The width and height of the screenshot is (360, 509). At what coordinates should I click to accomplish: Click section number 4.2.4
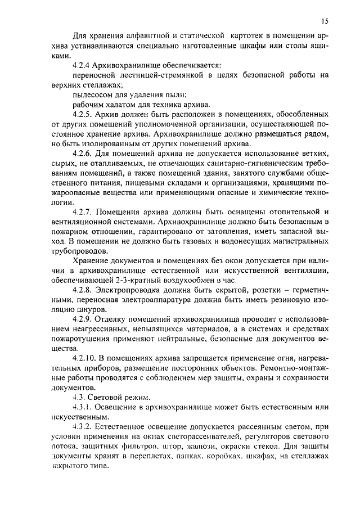coord(84,66)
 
